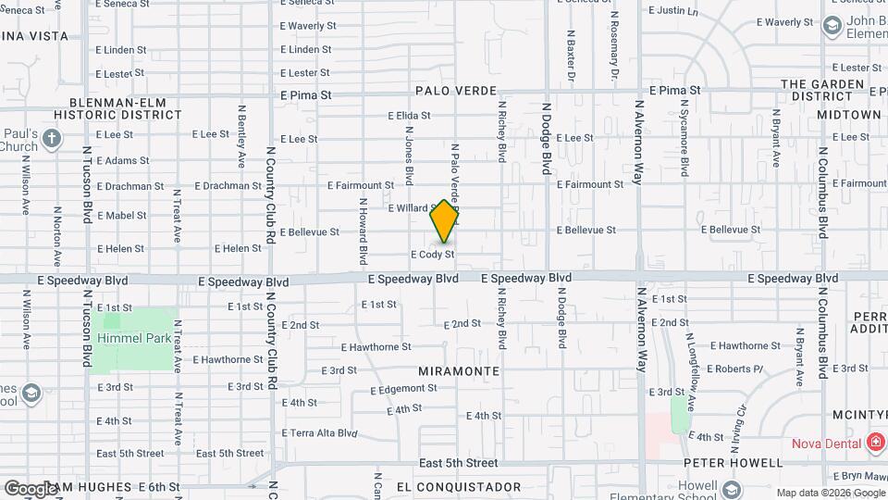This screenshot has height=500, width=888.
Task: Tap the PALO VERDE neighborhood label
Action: pyautogui.click(x=456, y=91)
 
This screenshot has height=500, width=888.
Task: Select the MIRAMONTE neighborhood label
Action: pyautogui.click(x=458, y=370)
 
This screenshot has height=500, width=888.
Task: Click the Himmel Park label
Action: pyautogui.click(x=134, y=338)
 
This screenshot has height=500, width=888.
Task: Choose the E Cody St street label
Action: pyautogui.click(x=433, y=254)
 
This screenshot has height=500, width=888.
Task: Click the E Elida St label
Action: pyautogui.click(x=408, y=116)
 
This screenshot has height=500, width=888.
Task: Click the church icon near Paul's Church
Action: pyautogui.click(x=52, y=140)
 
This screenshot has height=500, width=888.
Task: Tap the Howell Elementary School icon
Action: pyautogui.click(x=732, y=489)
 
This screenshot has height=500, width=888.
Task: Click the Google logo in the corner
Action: pyautogui.click(x=31, y=488)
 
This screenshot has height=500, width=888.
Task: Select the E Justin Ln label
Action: pyautogui.click(x=673, y=11)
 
